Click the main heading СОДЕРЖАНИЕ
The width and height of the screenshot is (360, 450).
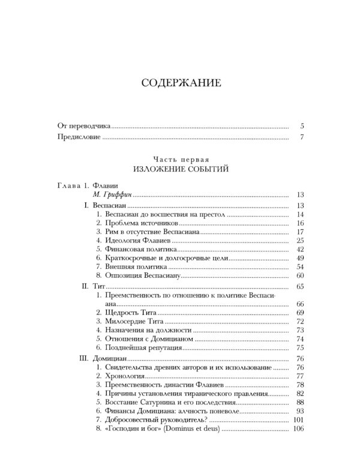(x=181, y=83)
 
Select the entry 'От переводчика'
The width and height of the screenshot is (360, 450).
(x=84, y=127)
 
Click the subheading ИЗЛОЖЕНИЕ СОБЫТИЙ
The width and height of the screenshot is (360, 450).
(x=181, y=169)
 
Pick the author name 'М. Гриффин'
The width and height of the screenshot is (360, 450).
(x=113, y=194)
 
